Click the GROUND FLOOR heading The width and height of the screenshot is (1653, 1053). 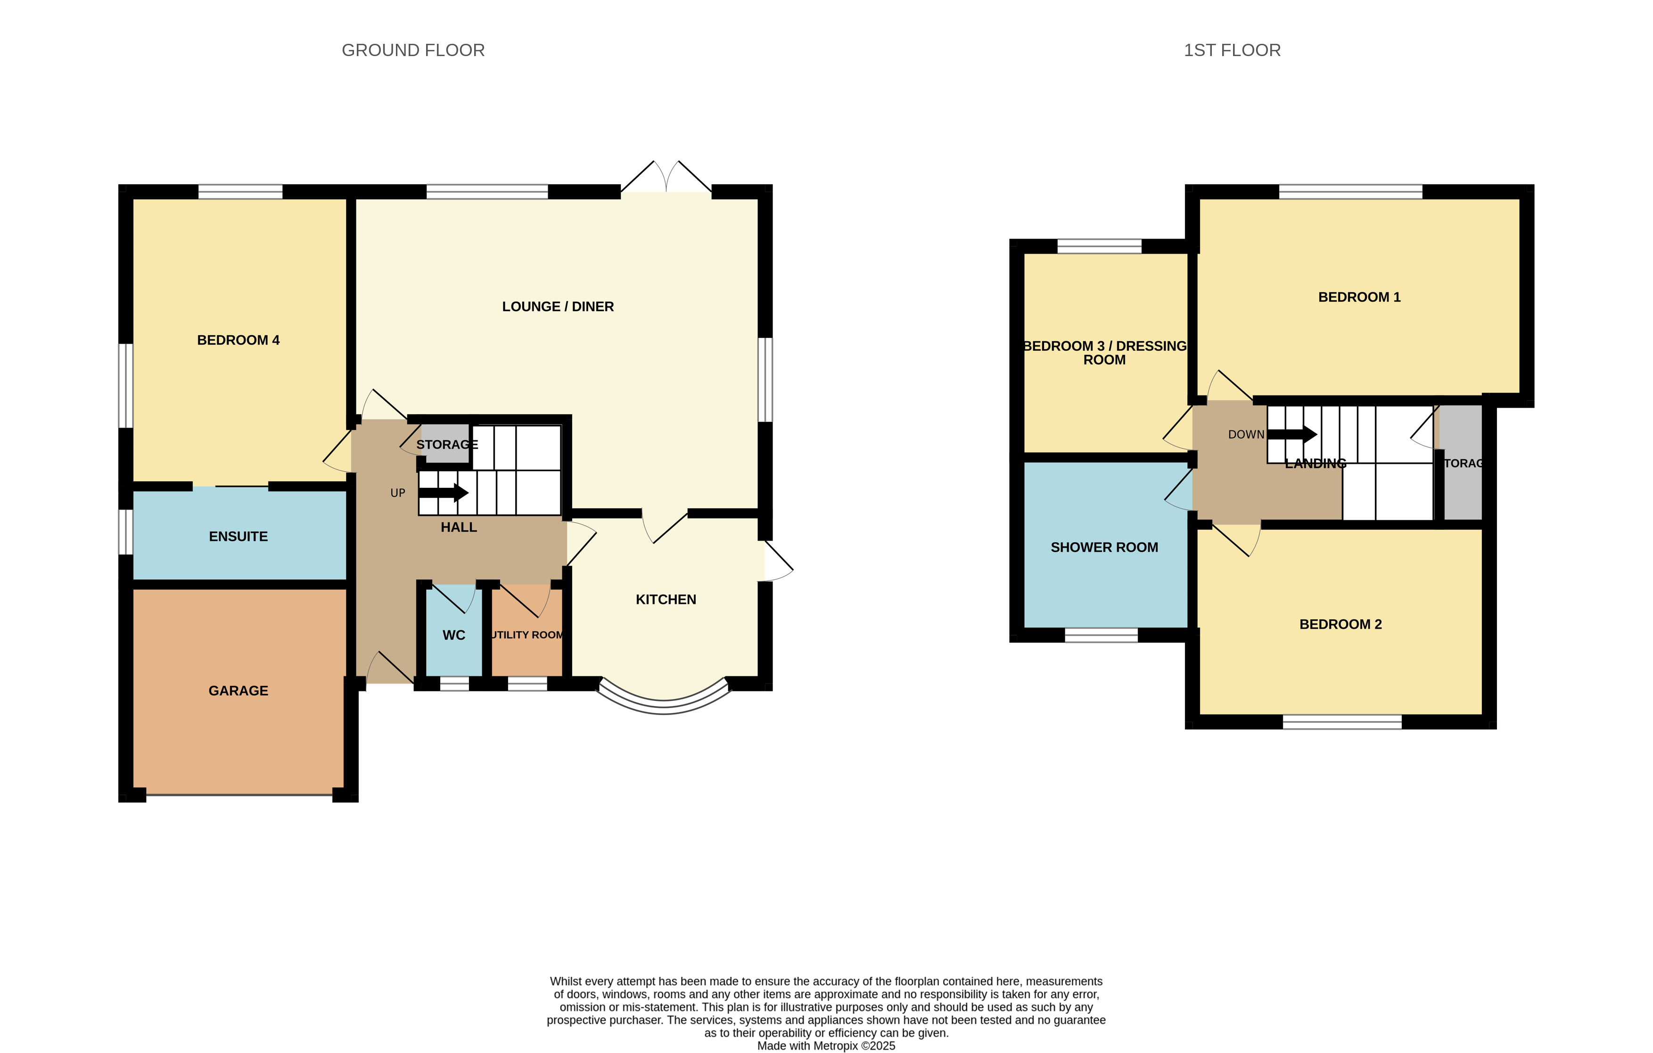(x=413, y=50)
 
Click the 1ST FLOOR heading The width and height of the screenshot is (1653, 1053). (x=1232, y=50)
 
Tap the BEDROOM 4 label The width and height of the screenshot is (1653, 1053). (x=238, y=340)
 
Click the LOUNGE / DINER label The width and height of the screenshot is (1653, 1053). (x=558, y=307)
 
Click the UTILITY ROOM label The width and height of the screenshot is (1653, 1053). (x=526, y=635)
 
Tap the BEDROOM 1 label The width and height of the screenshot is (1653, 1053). (x=1359, y=297)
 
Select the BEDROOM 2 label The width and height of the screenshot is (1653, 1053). (x=1340, y=625)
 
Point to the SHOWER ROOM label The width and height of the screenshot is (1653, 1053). (x=1104, y=548)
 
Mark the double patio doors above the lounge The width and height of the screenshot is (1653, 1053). (x=666, y=178)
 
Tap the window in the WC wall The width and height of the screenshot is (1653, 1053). (x=454, y=683)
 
